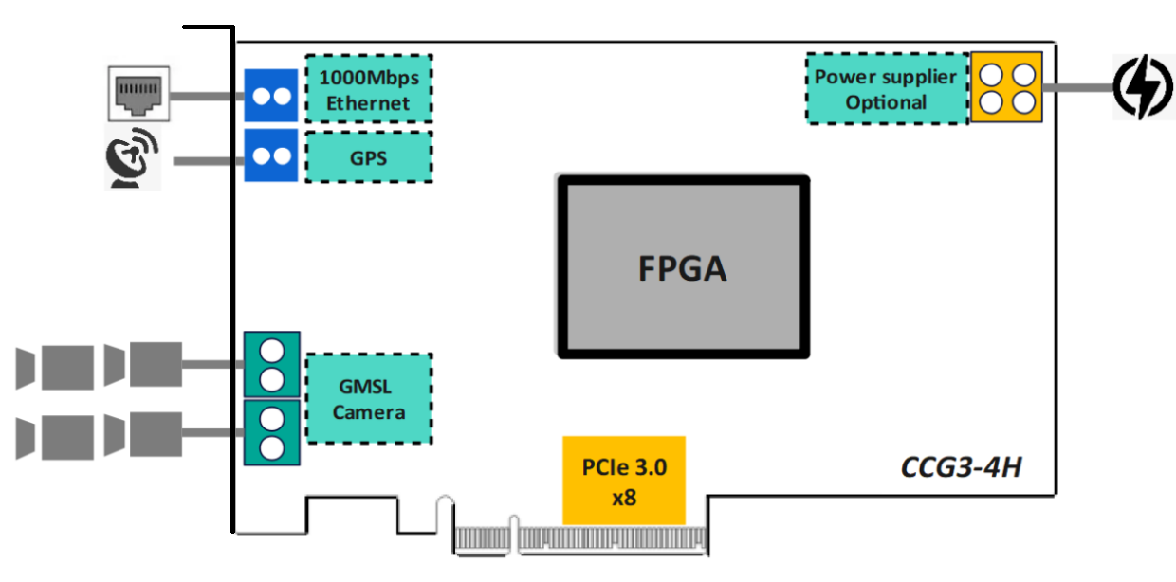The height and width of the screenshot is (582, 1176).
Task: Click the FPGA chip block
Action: (683, 267)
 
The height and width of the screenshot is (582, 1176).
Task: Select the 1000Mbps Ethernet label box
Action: (369, 89)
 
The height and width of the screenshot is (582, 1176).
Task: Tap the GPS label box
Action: (369, 157)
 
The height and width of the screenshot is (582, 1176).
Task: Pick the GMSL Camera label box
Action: (369, 399)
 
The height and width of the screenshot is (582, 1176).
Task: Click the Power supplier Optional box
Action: (887, 89)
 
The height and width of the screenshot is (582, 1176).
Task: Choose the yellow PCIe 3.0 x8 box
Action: (624, 481)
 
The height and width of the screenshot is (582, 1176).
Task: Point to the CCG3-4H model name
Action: (962, 467)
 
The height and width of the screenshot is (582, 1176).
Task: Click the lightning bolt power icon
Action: (1143, 87)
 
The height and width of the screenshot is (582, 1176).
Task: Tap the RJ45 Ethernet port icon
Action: (138, 94)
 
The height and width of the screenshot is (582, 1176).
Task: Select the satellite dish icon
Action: (131, 158)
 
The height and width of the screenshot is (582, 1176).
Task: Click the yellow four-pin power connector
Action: (1006, 87)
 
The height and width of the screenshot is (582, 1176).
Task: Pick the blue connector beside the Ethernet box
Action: (271, 96)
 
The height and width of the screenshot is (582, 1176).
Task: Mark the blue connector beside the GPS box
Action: (271, 155)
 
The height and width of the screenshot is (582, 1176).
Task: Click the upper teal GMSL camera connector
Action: (272, 364)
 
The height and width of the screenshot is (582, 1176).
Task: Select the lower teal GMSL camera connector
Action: (272, 433)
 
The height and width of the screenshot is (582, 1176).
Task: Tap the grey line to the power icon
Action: (1077, 87)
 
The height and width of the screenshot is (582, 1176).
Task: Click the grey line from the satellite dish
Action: (209, 161)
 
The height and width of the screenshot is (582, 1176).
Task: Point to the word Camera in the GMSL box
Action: (369, 412)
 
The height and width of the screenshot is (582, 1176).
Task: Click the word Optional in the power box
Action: (886, 102)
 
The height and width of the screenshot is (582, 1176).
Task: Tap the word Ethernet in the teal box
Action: (368, 103)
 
